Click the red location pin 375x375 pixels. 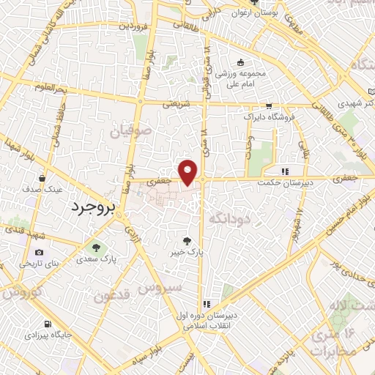[190, 172]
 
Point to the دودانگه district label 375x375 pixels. [229, 218]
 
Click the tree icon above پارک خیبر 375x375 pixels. [190, 239]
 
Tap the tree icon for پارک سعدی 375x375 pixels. [94, 246]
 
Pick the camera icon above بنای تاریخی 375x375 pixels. [38, 253]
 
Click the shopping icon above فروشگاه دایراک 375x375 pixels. [269, 105]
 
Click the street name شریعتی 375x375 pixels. [176, 104]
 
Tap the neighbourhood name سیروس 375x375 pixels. [163, 287]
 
